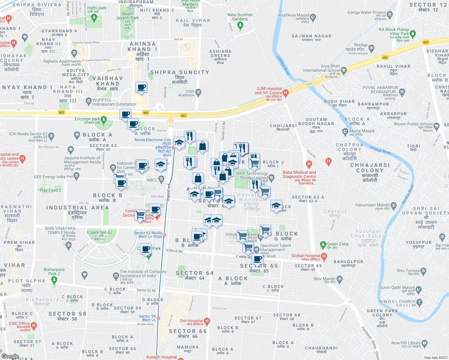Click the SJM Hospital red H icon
click(x=285, y=93)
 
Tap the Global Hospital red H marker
click(x=324, y=256)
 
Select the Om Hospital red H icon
click(x=206, y=321)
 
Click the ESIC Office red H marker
click(x=34, y=325)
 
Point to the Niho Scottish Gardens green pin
click(x=240, y=26)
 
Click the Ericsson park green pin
click(x=104, y=120)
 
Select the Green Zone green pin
click(x=323, y=245)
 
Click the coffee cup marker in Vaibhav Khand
click(x=141, y=88)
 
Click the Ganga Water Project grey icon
click(x=390, y=14)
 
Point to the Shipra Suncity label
click(x=179, y=72)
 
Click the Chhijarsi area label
click(x=283, y=126)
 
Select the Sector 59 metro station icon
click(x=158, y=318)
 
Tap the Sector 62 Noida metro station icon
click(x=164, y=235)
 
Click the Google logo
click(x=10, y=356)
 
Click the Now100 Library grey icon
click(x=424, y=343)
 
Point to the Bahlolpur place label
click(x=348, y=262)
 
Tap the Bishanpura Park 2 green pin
click(x=54, y=280)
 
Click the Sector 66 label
click(x=188, y=331)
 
